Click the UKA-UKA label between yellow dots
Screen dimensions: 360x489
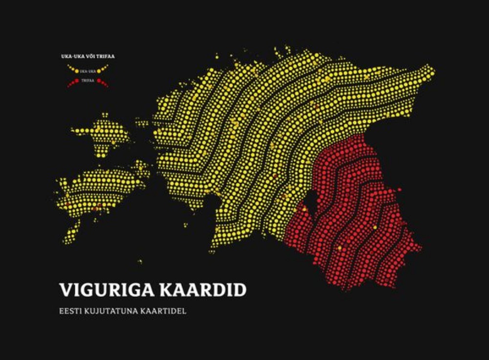click(x=88, y=71)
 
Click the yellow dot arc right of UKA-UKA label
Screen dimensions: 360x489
click(x=103, y=69)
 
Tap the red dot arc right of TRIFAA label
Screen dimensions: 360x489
click(x=103, y=83)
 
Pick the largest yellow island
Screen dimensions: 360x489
click(x=98, y=188)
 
